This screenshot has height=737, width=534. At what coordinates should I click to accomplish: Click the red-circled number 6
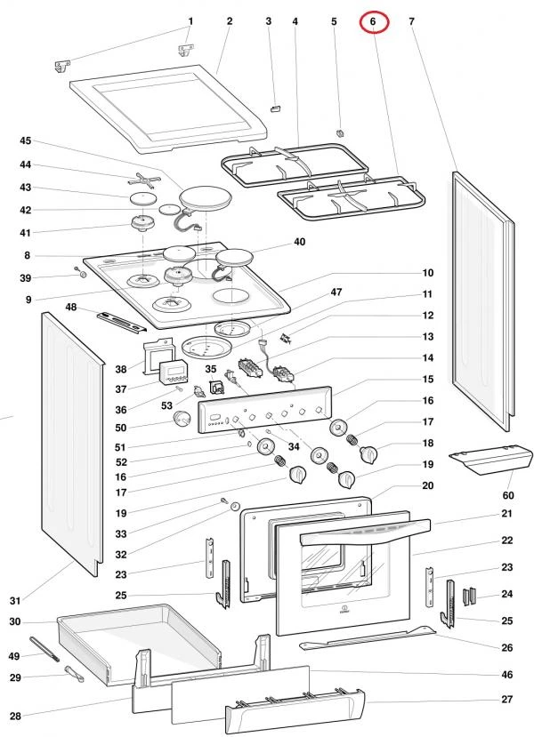tap(373, 21)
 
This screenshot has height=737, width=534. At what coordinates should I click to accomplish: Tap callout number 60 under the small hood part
tap(508, 495)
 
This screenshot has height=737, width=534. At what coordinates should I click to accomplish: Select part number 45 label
tap(26, 140)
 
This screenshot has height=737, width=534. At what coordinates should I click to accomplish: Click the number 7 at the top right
tap(412, 21)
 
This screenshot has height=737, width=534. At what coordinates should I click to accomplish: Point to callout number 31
tap(15, 600)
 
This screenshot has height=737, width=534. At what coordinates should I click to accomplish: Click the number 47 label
tap(336, 292)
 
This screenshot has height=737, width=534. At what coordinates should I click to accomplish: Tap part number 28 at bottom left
tap(15, 716)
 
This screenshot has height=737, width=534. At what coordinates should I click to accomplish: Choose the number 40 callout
tap(299, 242)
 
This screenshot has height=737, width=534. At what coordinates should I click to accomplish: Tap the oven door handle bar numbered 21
tap(364, 533)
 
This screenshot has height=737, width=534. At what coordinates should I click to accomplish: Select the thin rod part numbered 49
tap(44, 649)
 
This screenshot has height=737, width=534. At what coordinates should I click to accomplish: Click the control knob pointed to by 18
tap(368, 455)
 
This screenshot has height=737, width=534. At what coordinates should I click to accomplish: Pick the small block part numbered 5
tap(341, 132)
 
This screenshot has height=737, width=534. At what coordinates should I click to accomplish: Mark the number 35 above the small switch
tap(211, 369)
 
